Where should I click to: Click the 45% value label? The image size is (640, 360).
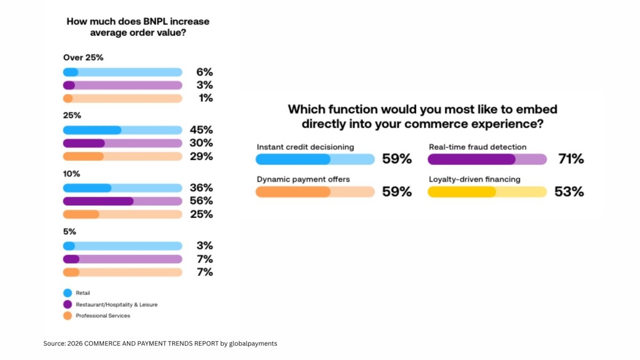(x=201, y=130)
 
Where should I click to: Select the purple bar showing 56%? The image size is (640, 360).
(x=123, y=201)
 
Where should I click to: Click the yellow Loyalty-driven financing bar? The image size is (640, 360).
(x=487, y=192)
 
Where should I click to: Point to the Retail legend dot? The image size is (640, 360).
(x=67, y=293)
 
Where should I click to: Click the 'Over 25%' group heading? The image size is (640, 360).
(x=83, y=58)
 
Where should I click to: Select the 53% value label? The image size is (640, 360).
(x=569, y=192)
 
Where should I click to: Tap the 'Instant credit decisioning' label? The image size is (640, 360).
(x=306, y=147)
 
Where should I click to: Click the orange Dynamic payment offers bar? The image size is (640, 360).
(x=315, y=192)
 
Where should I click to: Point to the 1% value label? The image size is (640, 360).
(x=205, y=98)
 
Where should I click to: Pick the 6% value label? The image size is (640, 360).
(x=205, y=72)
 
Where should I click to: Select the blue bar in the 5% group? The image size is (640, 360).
(x=123, y=246)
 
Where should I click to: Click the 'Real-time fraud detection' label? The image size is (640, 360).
(x=477, y=147)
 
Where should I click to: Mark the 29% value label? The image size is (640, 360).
(x=201, y=156)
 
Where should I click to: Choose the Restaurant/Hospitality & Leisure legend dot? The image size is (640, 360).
(x=67, y=305)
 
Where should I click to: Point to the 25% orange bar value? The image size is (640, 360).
(x=201, y=214)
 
